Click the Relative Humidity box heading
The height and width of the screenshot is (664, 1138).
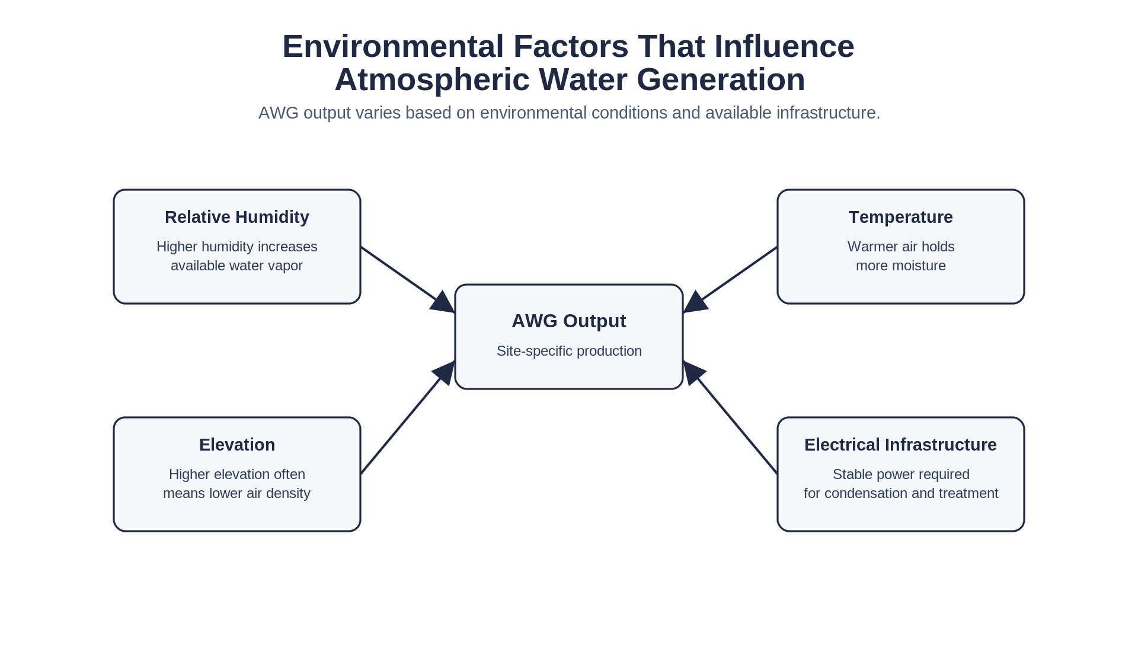(236, 217)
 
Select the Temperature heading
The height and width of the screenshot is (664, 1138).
(900, 217)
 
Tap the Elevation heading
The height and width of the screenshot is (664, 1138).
(236, 445)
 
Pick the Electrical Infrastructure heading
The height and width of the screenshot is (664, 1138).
(900, 445)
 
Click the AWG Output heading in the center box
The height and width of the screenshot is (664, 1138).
(568, 321)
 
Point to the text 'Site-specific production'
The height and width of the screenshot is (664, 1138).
(569, 351)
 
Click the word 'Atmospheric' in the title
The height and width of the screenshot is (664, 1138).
(432, 80)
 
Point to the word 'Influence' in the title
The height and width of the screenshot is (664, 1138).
(784, 47)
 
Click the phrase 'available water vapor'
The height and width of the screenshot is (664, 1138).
(236, 266)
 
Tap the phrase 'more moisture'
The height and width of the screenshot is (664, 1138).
(900, 266)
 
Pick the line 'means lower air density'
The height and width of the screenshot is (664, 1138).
(236, 493)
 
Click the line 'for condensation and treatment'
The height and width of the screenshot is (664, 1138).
(900, 493)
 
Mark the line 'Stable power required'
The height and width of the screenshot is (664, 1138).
(900, 474)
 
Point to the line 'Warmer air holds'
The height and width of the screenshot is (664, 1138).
(900, 247)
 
